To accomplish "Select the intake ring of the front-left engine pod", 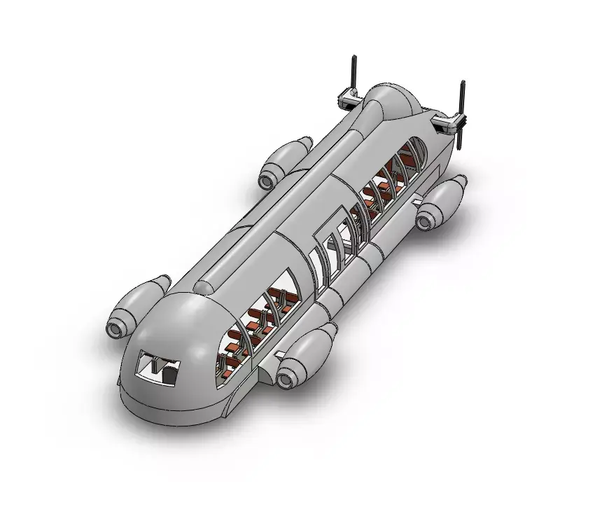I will point(115,328).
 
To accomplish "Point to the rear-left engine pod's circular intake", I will point(267,180).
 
